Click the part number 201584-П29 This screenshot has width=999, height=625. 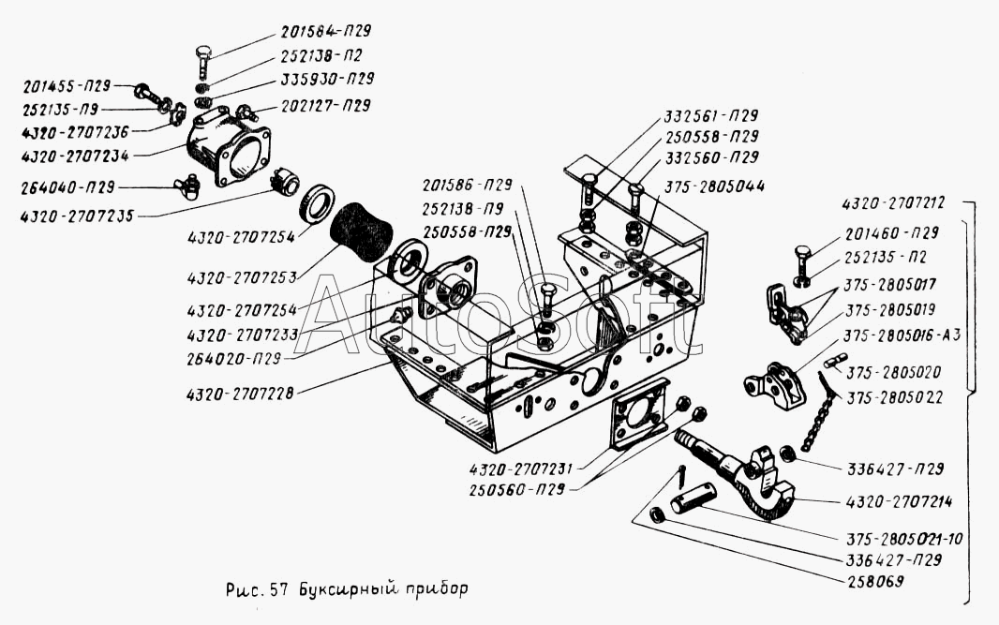[325, 31]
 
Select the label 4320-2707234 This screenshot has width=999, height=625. [75, 156]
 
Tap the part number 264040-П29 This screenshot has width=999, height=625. [67, 187]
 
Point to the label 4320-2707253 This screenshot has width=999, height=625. [242, 278]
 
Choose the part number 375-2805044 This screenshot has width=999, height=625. [714, 186]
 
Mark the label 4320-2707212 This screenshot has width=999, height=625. [892, 204]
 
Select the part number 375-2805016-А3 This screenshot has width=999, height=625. [902, 335]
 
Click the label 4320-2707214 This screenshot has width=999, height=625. [899, 502]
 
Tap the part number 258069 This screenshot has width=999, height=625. [874, 581]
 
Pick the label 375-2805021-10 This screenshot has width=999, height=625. [904, 539]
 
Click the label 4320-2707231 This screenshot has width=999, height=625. [522, 469]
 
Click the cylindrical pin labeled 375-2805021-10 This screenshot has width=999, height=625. [693, 498]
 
